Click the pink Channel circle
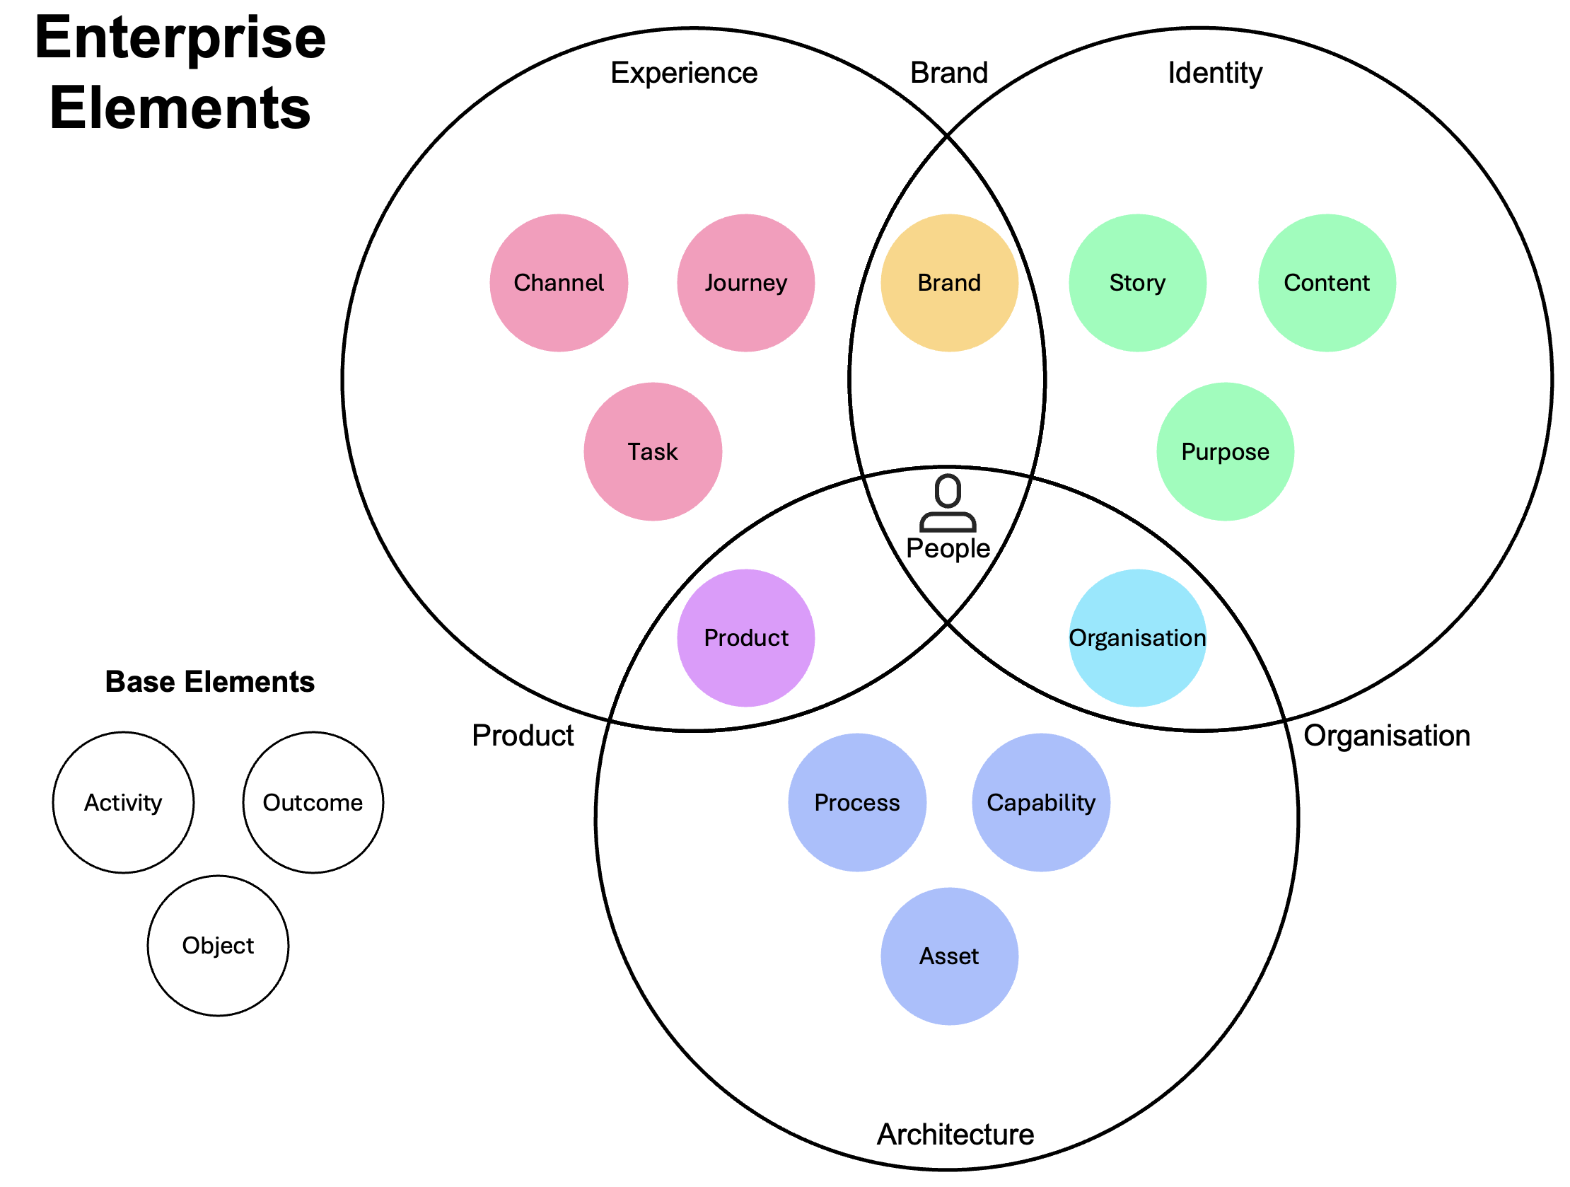559,282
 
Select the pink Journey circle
745,282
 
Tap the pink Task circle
652,451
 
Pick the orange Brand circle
949,282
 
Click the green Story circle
1137,282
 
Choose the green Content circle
1326,282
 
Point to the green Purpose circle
1224,451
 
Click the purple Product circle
745,637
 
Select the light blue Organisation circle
1137,637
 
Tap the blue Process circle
856,802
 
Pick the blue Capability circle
1040,802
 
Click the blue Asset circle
949,956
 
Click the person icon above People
948,504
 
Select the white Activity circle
123,802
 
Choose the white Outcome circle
313,802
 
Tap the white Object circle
218,945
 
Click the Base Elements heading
209,681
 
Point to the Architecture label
955,1135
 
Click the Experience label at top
683,73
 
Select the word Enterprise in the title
180,38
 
